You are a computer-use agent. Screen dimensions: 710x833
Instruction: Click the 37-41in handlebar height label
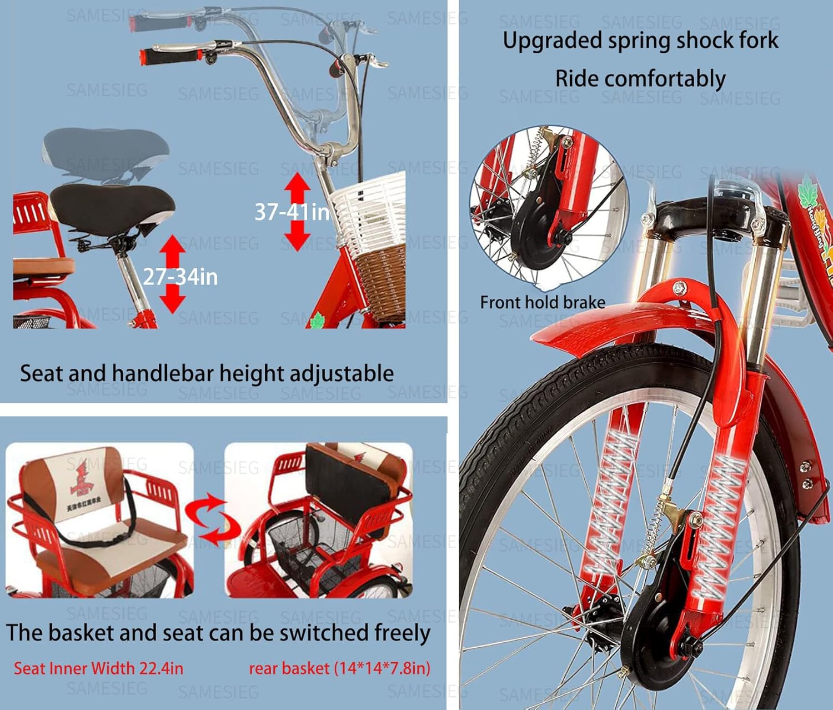click(x=292, y=212)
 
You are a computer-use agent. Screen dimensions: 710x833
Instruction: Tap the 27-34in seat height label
click(x=180, y=277)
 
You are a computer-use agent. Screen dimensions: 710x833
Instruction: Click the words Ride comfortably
click(x=640, y=79)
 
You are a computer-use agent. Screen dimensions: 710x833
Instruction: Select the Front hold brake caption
click(x=542, y=302)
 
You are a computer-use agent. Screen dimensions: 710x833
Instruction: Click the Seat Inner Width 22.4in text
click(x=98, y=668)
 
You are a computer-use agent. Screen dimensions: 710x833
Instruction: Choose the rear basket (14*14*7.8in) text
click(x=339, y=668)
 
